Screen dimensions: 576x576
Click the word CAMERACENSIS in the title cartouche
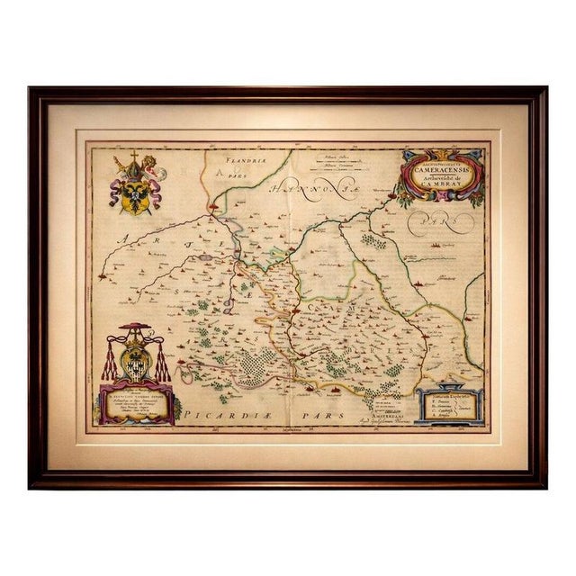441,166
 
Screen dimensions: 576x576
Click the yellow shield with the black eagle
132,195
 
